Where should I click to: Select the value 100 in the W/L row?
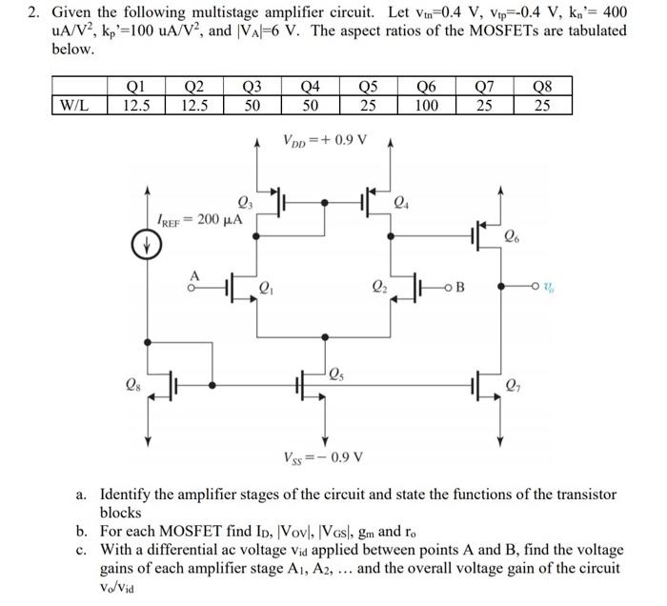coord(426,106)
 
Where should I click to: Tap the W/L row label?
coord(75,106)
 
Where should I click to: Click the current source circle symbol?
coord(146,246)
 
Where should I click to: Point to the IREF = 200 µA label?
coord(199,220)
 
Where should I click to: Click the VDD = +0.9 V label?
coord(325,140)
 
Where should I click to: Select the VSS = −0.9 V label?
coord(324,456)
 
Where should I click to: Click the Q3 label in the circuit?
coord(243,201)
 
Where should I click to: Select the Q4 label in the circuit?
coord(402,201)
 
